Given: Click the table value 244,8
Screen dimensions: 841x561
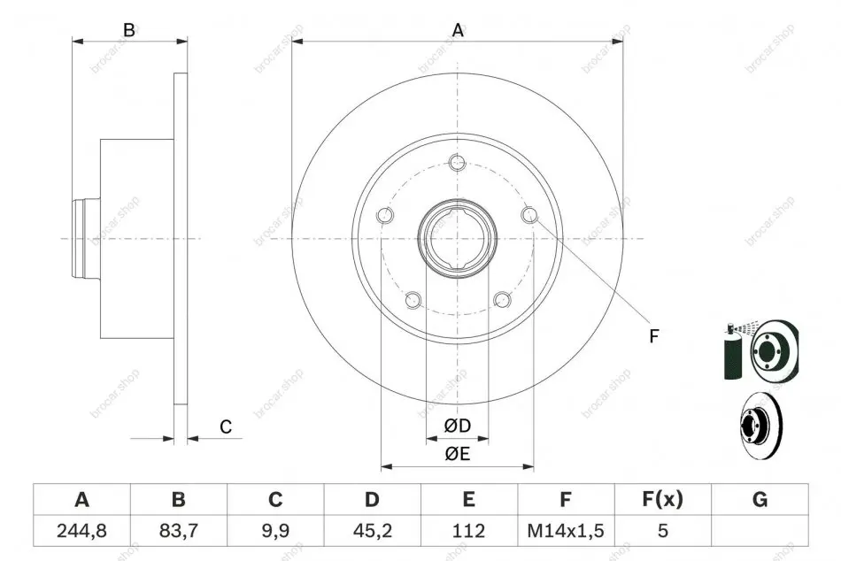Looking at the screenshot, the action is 81,531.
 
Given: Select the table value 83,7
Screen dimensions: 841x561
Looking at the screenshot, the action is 179,531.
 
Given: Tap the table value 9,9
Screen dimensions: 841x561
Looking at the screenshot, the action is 275,531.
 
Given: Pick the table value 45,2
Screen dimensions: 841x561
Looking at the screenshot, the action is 372,531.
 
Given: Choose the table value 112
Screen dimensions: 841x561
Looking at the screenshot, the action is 469,531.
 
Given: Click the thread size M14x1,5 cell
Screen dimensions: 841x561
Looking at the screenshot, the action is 566,531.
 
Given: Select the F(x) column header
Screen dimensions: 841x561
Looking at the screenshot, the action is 662,499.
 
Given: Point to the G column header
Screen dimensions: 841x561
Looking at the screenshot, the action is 760,499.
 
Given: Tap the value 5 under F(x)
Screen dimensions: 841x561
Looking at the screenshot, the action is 663,531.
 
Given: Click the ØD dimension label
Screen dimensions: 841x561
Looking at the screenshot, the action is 458,426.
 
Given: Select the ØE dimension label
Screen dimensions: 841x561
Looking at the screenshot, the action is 458,454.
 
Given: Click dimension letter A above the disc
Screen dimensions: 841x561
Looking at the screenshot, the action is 458,31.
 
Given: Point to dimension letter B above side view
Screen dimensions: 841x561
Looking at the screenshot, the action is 128,30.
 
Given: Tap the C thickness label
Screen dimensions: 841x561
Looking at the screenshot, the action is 226,427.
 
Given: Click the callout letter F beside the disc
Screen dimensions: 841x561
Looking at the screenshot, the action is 653,336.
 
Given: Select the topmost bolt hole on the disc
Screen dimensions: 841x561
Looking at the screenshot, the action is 458,162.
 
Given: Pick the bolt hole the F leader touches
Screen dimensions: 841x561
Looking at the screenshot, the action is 529,215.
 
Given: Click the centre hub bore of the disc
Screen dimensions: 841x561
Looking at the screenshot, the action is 458,238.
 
